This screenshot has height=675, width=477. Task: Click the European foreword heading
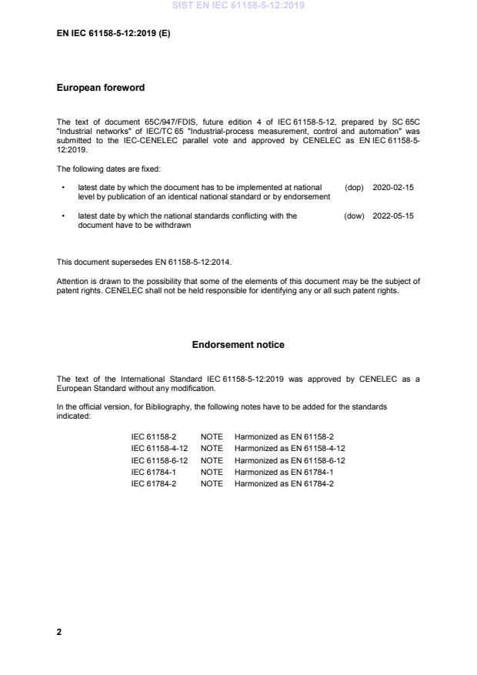click(101, 88)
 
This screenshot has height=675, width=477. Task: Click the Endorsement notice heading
click(238, 345)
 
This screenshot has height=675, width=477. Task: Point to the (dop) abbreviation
click(354, 187)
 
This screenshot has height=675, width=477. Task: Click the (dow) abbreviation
click(354, 216)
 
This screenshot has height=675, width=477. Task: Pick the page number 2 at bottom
click(59, 632)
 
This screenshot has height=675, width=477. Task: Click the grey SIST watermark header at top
click(238, 5)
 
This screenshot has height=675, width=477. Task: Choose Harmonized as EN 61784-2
click(284, 483)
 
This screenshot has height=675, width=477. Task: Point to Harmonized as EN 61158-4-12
click(290, 448)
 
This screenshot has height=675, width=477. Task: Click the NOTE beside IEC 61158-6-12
click(212, 459)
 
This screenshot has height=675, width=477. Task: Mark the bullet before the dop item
click(62, 187)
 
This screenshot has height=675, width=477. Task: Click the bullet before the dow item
click(62, 216)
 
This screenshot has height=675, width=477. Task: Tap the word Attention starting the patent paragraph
click(72, 281)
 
